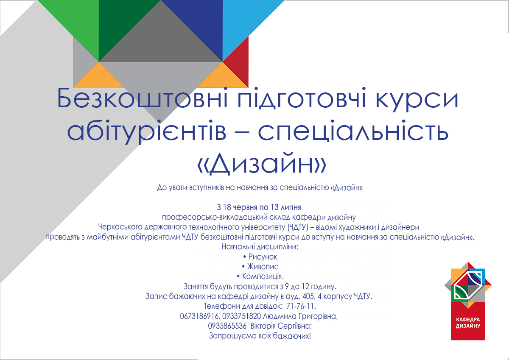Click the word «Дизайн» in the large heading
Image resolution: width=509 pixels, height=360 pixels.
coord(262,163)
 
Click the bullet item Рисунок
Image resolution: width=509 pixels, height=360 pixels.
coord(260,257)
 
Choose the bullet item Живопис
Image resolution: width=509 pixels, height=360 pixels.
coord(260,266)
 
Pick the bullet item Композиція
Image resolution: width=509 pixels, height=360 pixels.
coord(260,276)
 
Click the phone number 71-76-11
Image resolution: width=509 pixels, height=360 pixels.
coord(301,306)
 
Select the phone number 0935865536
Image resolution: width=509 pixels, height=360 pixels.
coord(227,326)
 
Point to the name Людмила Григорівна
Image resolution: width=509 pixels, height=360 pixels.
coord(300,316)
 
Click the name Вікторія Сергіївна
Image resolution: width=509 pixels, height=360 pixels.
coord(281,326)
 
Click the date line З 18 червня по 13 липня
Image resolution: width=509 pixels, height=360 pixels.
coord(259,207)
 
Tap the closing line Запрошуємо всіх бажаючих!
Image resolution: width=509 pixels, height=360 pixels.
coord(260,336)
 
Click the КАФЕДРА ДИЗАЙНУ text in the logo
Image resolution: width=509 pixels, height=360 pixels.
coord(468,323)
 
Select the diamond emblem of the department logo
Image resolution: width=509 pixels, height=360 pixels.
coord(468,285)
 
